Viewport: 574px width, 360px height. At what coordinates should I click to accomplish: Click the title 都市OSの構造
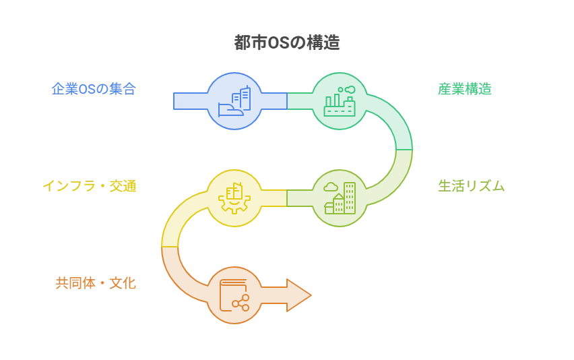tap(287, 42)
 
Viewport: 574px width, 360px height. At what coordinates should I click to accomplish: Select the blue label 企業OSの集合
tap(94, 89)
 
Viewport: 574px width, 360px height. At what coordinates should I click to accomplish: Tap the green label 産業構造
tap(465, 89)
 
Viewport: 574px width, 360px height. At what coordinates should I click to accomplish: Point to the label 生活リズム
tap(471, 186)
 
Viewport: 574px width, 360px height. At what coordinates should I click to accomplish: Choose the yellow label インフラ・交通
tap(90, 186)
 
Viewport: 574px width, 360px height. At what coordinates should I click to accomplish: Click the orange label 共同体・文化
tap(96, 283)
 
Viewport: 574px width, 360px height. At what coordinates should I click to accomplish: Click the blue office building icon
tap(234, 101)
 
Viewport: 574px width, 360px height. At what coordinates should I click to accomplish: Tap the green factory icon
tap(340, 101)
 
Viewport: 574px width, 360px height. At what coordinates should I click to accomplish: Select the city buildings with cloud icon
tap(340, 198)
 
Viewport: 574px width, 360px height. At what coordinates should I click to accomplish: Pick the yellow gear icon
tap(234, 198)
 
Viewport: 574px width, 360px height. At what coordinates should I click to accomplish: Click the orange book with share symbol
tap(234, 295)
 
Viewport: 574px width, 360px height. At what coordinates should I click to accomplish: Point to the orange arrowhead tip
tap(311, 295)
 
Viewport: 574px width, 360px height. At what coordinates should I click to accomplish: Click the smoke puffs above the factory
tap(346, 90)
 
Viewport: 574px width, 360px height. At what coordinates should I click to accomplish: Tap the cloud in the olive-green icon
tap(331, 187)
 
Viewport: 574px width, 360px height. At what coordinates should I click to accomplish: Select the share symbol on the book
tap(241, 303)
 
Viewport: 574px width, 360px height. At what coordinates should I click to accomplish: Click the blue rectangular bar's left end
tap(174, 101)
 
